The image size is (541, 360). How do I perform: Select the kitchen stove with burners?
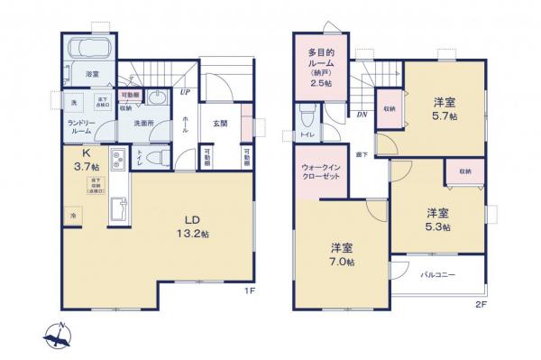point(116,163)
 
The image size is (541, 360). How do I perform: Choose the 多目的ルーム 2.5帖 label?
point(322,68)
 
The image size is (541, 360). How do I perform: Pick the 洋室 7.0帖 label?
point(341,253)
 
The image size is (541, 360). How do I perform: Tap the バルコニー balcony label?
point(437,274)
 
